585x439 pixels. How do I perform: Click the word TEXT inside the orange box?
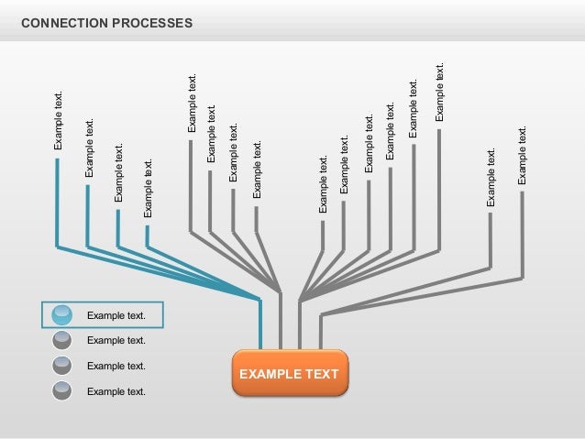coord(320,374)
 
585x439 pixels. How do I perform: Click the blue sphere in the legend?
coord(62,315)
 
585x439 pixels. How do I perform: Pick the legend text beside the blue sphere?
coord(116,316)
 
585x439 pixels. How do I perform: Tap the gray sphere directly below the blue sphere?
coord(62,341)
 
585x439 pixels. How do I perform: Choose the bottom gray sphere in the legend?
coord(62,391)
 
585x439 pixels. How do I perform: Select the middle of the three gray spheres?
coord(62,366)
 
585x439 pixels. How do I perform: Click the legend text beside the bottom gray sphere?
coord(116,391)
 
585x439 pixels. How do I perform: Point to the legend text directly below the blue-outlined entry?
coord(116,341)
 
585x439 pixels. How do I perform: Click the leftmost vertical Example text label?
coord(59,120)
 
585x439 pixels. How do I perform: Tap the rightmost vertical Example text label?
coord(523,155)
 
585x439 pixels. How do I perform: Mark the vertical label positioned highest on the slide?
coord(439,92)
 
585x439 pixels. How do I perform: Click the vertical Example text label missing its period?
coord(212,134)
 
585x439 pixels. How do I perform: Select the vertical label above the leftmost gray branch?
coord(192,103)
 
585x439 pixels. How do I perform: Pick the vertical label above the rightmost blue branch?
coord(148,187)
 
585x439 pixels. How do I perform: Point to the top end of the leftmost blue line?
coord(57,159)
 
